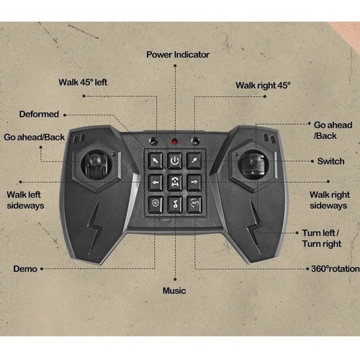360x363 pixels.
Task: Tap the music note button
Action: (175, 205)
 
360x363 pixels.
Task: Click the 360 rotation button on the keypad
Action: (194, 205)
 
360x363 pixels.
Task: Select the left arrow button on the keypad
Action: (156, 183)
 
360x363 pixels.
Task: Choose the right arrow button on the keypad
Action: (194, 183)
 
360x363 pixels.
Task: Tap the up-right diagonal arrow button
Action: (194, 161)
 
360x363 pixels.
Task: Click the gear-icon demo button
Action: (156, 205)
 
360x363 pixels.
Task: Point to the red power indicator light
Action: (175, 141)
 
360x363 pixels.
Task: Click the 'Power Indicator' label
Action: (178, 55)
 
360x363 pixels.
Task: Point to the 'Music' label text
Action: (174, 291)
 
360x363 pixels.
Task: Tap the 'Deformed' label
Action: (39, 114)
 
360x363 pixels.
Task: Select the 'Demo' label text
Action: (25, 269)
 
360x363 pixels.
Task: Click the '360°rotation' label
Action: (336, 269)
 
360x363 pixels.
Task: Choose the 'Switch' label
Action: (330, 161)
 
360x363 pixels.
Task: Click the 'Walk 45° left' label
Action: (83, 82)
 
